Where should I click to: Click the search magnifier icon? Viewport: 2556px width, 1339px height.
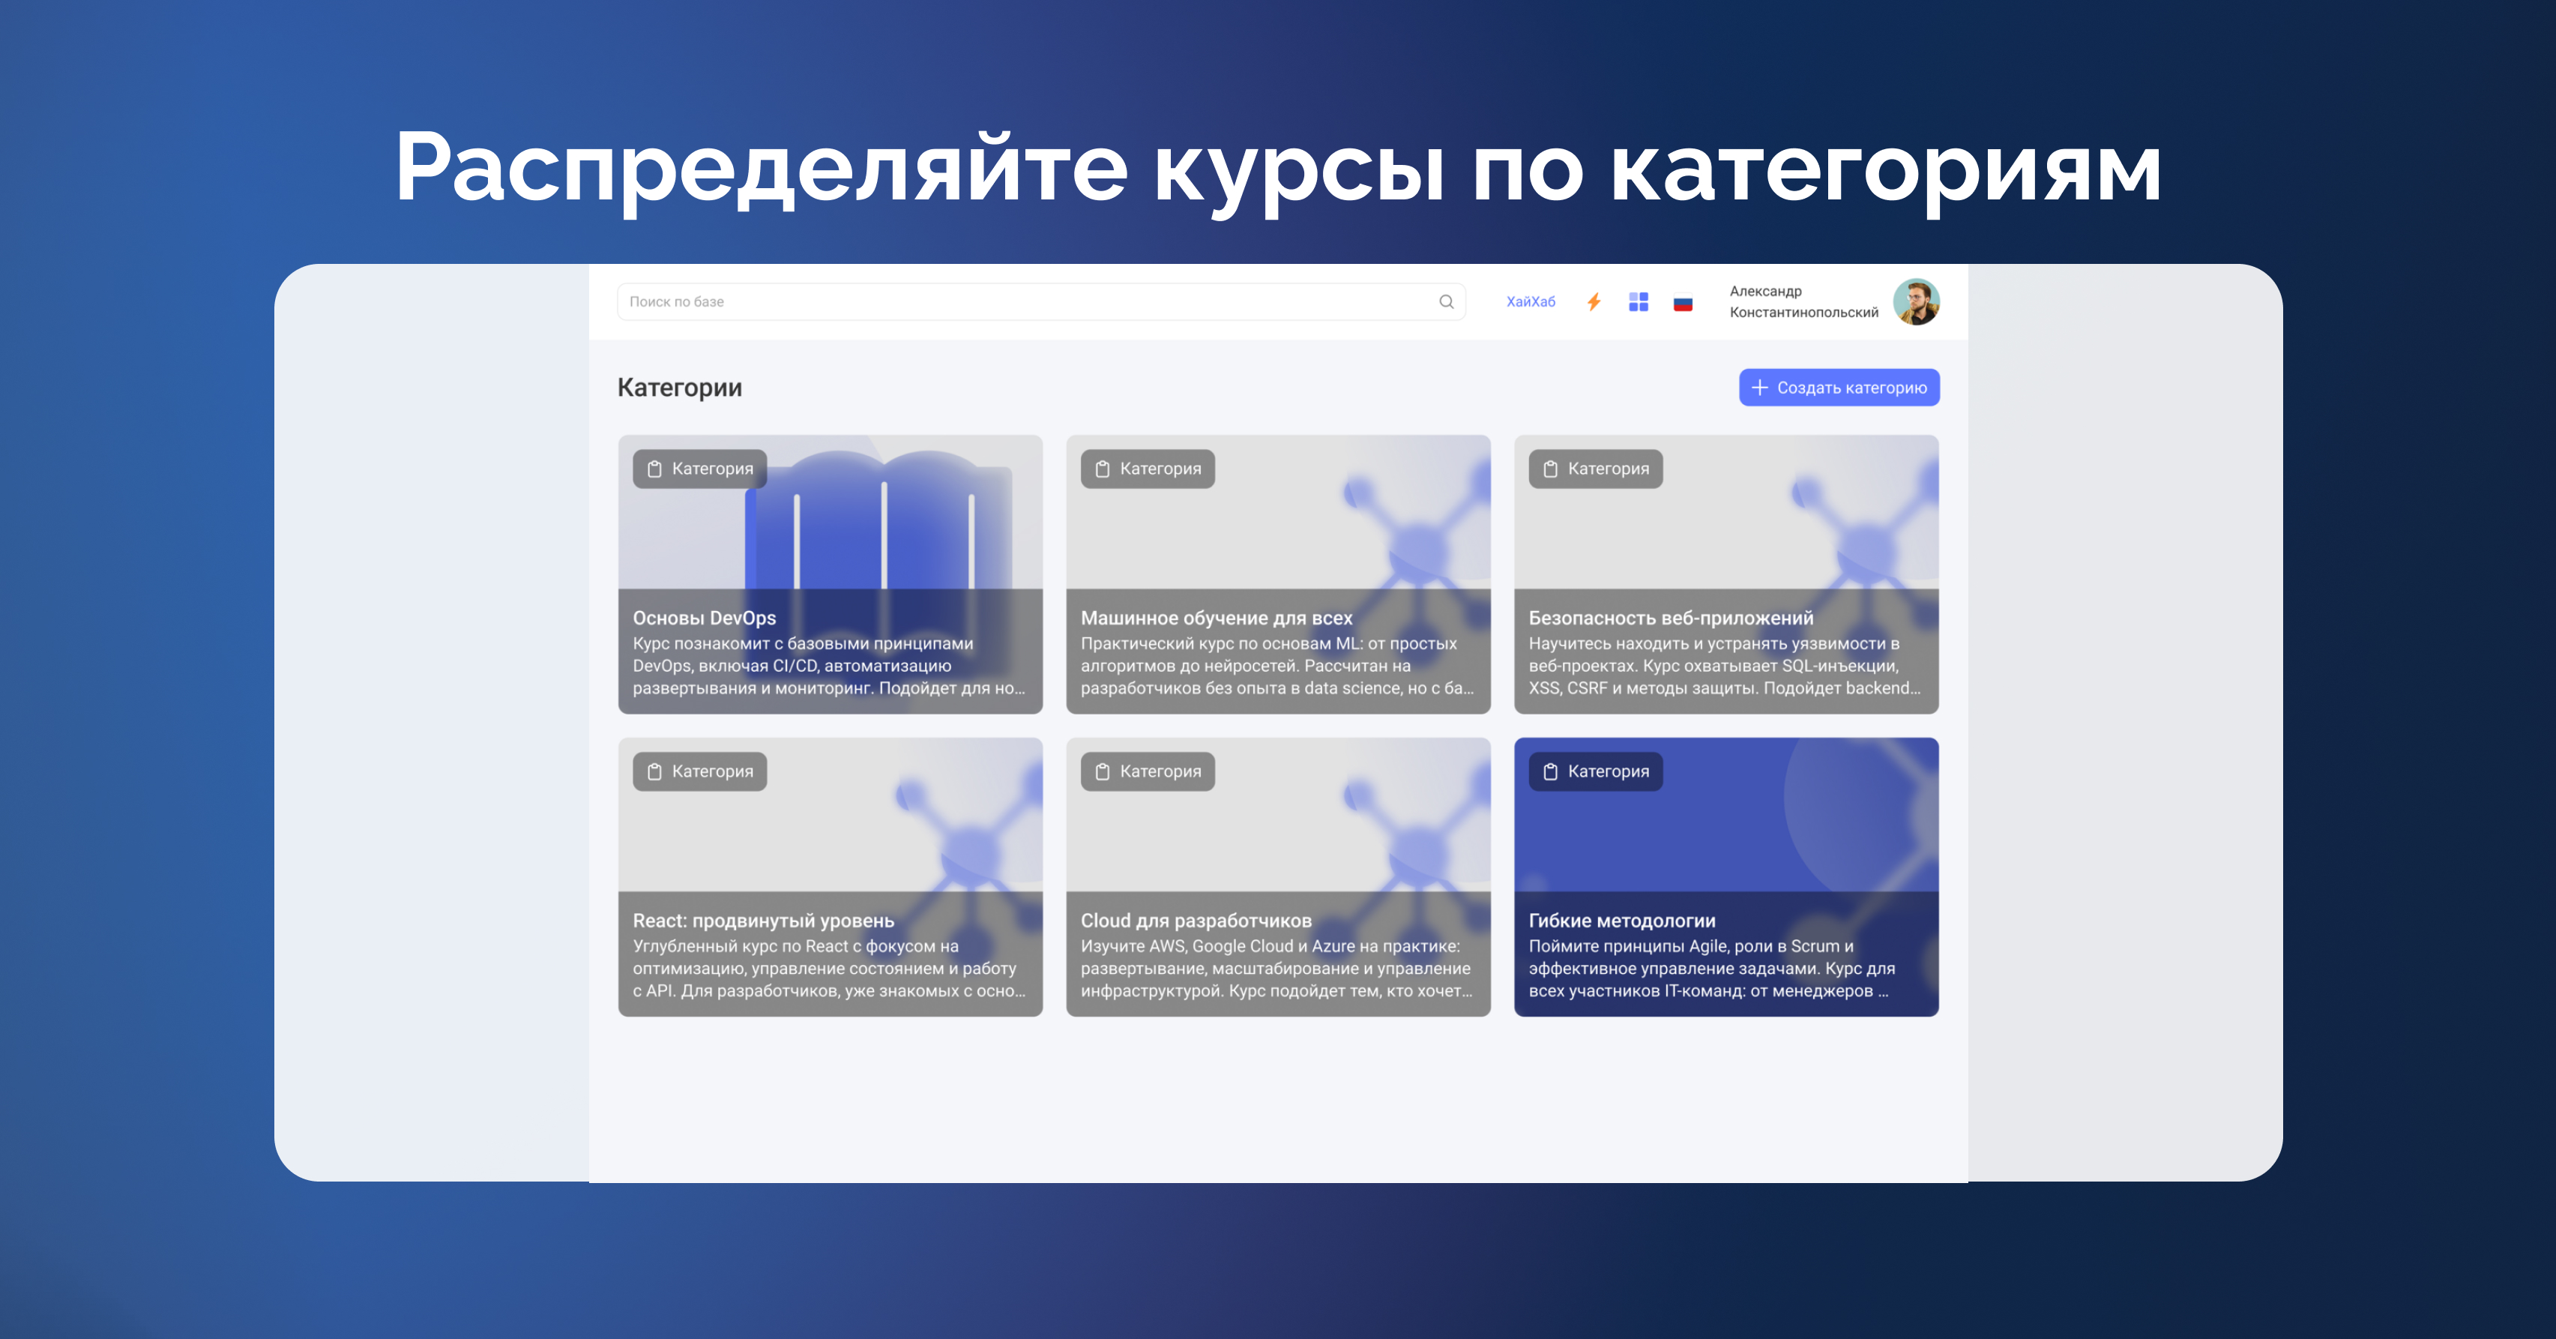tap(1447, 301)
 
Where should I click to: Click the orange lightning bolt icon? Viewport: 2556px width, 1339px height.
tap(1594, 301)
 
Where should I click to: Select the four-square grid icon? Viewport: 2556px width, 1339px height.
tap(1639, 301)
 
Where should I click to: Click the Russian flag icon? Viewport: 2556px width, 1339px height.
tap(1683, 304)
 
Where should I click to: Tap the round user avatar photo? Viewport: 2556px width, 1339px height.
tap(1916, 301)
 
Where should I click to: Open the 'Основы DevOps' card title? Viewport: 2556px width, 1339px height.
tap(705, 617)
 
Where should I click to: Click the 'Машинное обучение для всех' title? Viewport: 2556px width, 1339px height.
tap(1217, 617)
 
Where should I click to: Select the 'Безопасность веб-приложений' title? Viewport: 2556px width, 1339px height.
tap(1671, 617)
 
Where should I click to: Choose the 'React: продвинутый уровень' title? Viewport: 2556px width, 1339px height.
tap(763, 920)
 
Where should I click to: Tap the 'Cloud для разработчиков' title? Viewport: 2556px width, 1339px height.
tap(1196, 920)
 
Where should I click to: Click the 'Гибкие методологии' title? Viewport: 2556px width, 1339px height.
tap(1622, 920)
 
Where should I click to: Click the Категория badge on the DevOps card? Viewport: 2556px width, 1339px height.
tap(699, 469)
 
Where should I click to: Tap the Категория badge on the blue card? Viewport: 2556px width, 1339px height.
tap(1596, 771)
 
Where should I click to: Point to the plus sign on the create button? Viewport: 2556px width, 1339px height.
tap(1759, 387)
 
